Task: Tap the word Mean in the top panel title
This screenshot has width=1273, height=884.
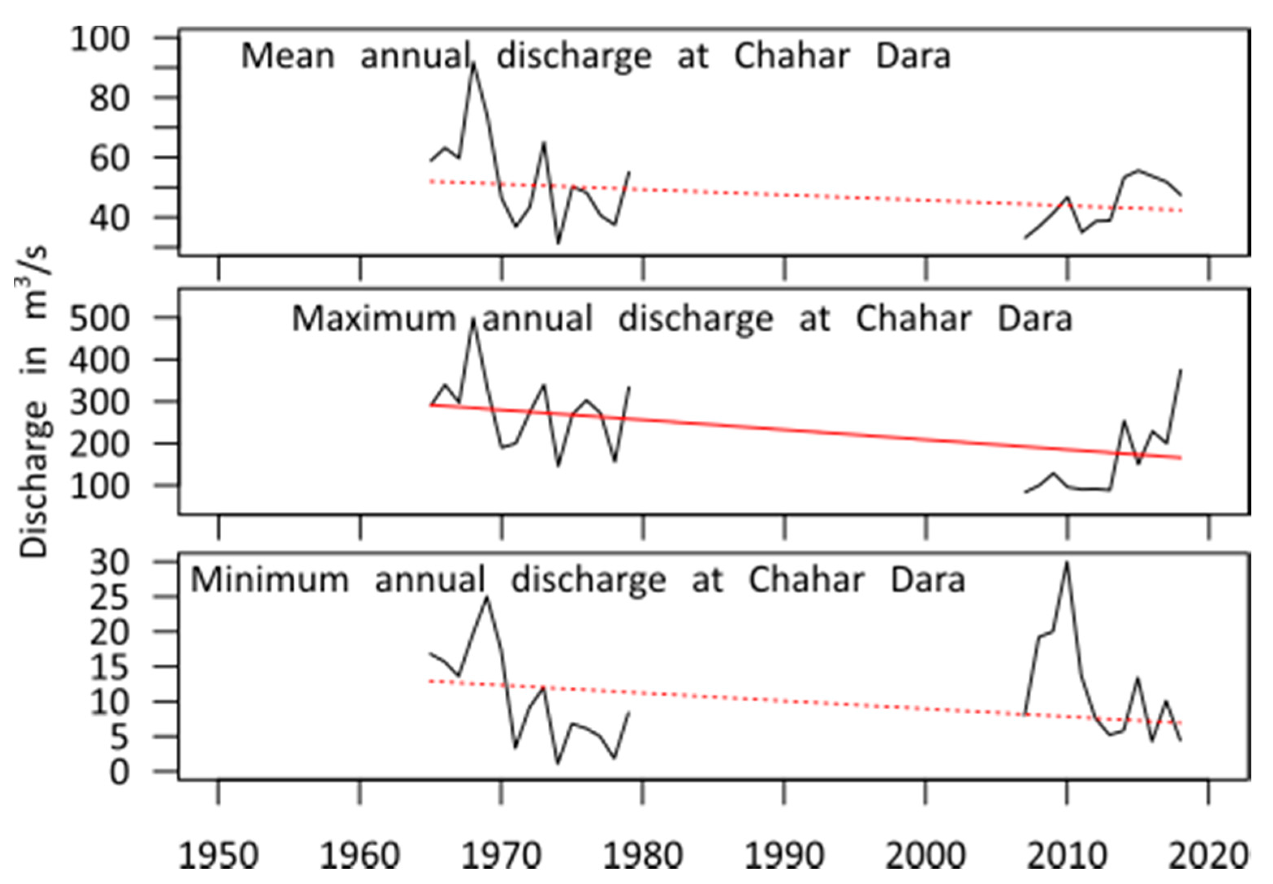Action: (x=288, y=56)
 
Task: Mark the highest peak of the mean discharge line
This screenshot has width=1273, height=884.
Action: (x=474, y=65)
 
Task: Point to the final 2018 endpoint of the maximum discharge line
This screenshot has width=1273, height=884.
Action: (x=1182, y=370)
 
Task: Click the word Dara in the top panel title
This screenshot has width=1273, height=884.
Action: (x=912, y=56)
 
